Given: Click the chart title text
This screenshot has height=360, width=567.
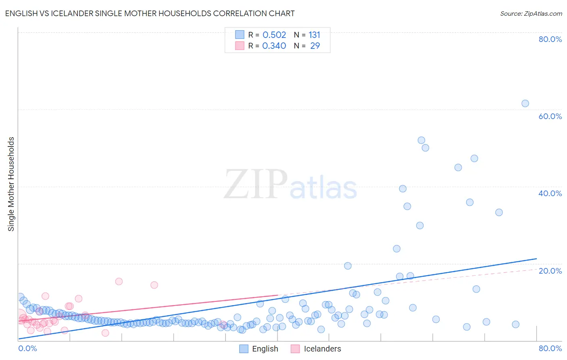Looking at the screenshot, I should pos(150,13).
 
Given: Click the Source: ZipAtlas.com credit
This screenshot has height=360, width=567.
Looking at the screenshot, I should pos(531,13).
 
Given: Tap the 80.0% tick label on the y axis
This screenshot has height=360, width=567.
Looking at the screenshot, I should pos(550,39).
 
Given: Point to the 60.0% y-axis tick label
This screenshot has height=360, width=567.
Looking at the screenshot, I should pos(550,116).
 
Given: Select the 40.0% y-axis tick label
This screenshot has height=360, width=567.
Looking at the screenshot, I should pos(550,193).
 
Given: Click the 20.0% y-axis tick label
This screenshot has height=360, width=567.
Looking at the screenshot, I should pos(550,271).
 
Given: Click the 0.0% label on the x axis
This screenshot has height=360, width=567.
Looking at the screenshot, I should pos(27,348).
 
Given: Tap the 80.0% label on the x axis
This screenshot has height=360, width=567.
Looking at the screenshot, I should pos(550,348).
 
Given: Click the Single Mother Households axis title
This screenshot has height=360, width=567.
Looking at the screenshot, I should pos(11,184).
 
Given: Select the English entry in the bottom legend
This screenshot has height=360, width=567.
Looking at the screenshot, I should pos(265,349).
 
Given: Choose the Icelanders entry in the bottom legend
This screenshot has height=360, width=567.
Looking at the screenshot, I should pos(322,349).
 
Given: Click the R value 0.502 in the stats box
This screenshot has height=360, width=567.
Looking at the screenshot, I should pos(274,35).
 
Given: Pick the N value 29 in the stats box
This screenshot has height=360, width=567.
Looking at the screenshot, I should pos(315,46).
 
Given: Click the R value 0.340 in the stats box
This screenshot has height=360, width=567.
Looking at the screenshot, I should pos(274,46).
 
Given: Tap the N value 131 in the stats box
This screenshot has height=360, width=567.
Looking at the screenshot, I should pos(315,35).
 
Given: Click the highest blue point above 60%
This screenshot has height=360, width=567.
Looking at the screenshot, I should pos(525,103).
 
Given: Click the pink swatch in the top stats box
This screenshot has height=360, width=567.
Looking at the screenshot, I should pos(240,46).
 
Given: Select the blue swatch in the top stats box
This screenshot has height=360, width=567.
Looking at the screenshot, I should pos(240,35).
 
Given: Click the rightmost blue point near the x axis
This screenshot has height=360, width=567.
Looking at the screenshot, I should pos(515,324).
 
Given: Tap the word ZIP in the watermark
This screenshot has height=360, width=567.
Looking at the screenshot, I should pos(256,184).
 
